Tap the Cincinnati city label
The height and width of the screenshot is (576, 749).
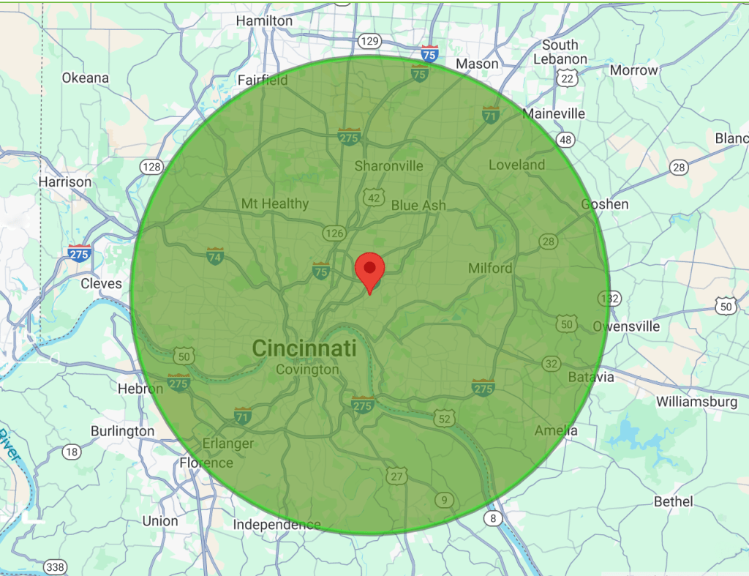tap(304, 348)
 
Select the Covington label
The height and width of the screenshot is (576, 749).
tap(307, 370)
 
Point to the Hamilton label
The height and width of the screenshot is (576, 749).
tap(266, 21)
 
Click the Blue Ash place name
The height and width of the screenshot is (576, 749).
tap(418, 206)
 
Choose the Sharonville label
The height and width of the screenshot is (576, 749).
tap(388, 166)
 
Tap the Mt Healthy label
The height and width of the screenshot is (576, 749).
tap(275, 203)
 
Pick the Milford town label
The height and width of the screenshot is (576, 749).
tap(490, 269)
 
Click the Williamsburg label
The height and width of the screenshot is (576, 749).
tap(696, 402)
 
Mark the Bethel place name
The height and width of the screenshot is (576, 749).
tap(674, 501)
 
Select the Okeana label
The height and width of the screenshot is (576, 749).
tap(86, 78)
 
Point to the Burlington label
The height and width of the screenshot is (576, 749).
tap(122, 431)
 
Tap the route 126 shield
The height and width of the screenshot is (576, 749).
tap(334, 233)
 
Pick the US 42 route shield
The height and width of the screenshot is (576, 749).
tap(374, 198)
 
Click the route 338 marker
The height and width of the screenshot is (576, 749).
tap(55, 566)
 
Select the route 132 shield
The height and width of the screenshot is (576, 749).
tap(609, 298)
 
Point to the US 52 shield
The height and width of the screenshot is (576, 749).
tap(443, 418)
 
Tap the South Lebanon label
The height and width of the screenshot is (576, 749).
tap(560, 52)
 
